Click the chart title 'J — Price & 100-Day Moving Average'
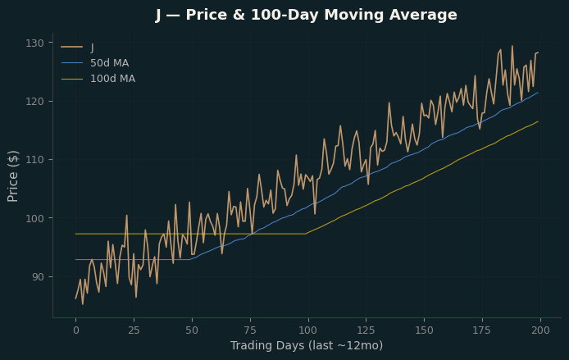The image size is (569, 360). click(307, 16)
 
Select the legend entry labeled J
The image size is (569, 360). click(78, 48)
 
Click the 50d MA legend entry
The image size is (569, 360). click(95, 63)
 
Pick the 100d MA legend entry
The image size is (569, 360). click(98, 79)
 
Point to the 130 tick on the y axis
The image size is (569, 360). click(34, 43)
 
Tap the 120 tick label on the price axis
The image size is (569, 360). click(34, 101)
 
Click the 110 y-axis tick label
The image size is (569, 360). click(34, 160)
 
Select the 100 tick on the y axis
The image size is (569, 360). click(34, 218)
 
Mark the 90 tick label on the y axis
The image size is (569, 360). click(38, 276)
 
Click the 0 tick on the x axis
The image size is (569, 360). click(76, 330)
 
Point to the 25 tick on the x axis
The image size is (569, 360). click(134, 330)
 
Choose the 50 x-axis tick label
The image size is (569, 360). click(192, 330)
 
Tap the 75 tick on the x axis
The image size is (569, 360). click(250, 330)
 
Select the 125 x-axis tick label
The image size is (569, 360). click(366, 330)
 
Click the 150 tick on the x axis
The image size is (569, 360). click(424, 330)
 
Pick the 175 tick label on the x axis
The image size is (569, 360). click(482, 330)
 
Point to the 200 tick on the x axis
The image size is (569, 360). click(540, 330)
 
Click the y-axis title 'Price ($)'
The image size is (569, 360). click(12, 176)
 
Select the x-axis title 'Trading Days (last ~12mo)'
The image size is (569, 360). click(307, 345)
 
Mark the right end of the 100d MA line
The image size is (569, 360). click(538, 121)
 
